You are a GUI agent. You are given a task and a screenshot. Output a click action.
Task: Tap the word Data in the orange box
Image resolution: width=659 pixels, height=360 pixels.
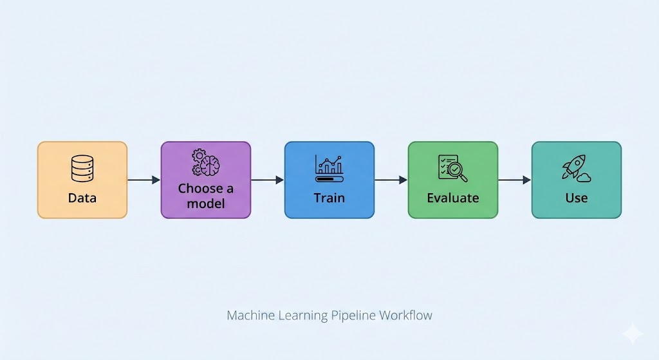82,198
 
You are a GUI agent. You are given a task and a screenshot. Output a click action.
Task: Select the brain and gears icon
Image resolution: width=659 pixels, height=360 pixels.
205,163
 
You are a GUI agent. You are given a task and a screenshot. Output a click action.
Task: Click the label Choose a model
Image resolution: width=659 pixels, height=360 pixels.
205,196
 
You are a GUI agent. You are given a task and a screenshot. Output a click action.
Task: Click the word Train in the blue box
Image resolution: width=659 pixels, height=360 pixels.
329,198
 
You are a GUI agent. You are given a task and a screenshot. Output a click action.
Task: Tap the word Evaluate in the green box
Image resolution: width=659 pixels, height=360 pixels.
452,198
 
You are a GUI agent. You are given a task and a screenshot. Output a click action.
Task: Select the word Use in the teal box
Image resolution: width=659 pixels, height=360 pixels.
576,198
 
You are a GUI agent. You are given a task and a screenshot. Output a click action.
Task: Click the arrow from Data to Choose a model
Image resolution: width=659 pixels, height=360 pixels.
144,180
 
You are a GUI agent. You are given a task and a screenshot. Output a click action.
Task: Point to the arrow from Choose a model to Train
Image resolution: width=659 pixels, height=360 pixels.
267,180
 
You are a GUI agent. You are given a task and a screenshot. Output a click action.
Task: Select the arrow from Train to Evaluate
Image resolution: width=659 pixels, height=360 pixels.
391,180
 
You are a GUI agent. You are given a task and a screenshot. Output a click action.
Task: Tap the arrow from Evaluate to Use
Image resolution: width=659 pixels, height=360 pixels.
514,180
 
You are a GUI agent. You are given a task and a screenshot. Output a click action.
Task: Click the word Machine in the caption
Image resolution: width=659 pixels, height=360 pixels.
247,316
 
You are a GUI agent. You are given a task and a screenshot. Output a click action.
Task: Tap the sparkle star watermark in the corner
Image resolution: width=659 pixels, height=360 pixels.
632,333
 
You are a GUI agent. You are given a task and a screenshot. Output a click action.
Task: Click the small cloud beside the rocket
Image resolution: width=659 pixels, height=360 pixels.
584,176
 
